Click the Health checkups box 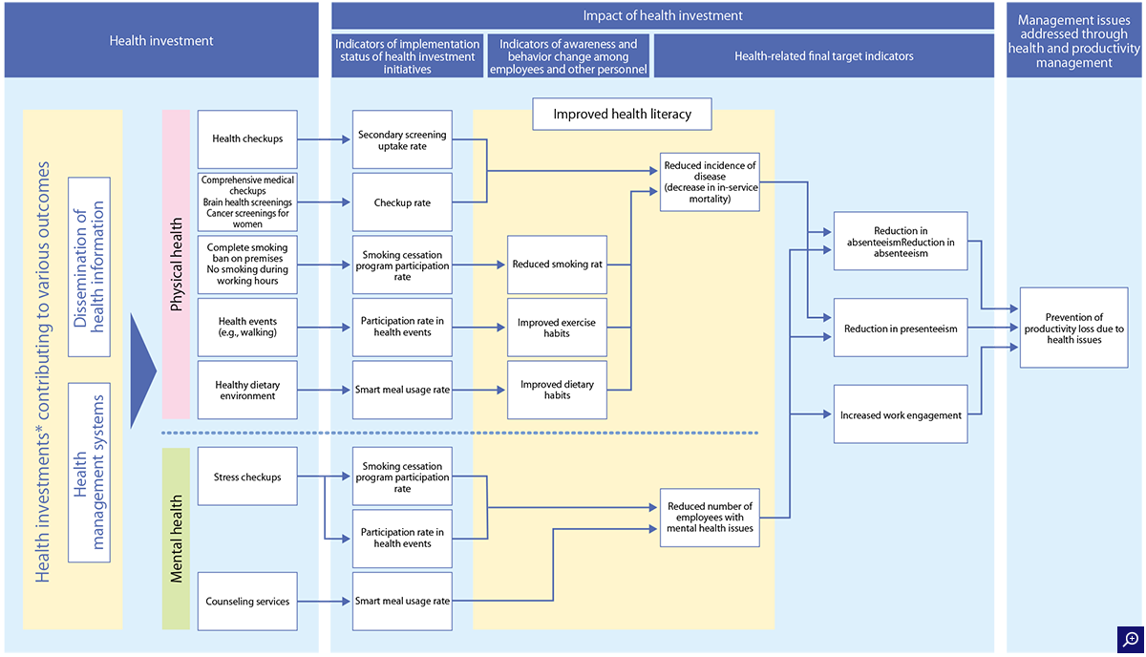tap(247, 139)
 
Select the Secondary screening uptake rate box tap(402, 139)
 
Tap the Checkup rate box tap(402, 202)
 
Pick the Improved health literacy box tap(622, 114)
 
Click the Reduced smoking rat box tap(557, 265)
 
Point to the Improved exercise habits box tap(557, 328)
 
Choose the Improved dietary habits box tap(557, 390)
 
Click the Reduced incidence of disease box tap(710, 182)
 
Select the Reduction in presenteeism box tap(901, 328)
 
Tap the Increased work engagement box tap(901, 413)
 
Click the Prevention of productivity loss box tap(1073, 328)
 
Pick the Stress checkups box tap(247, 477)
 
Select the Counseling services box tap(247, 602)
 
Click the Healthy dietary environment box tap(247, 390)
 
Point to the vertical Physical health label tap(176, 265)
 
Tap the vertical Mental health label tap(176, 539)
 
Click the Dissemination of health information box tap(89, 266)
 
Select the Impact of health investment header tap(663, 16)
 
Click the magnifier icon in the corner tap(1130, 639)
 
